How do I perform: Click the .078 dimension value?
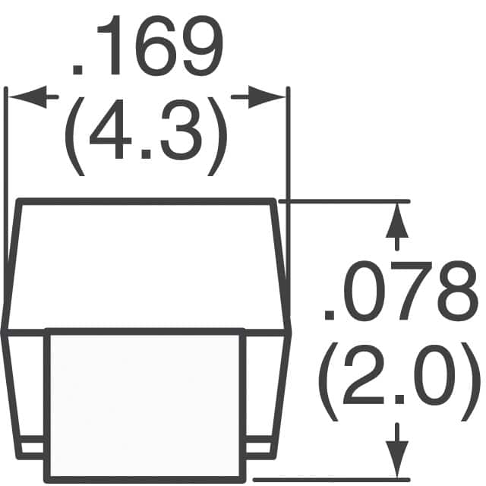[393, 292]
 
